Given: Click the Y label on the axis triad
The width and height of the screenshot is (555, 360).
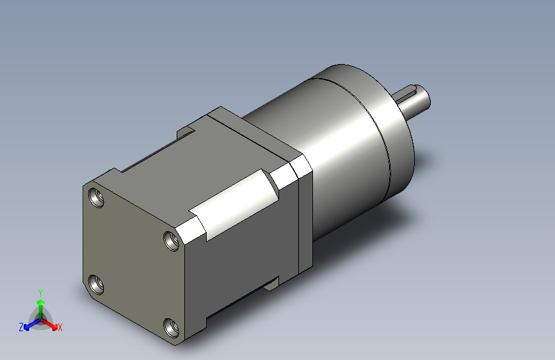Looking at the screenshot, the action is click(40, 293).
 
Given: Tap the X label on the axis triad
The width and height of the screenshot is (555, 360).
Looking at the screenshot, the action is click(60, 327).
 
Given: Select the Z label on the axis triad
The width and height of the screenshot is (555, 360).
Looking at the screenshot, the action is click(21, 327).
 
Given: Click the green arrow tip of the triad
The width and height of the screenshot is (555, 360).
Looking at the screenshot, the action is click(41, 302).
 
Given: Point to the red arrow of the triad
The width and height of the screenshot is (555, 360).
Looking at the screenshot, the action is click(49, 323).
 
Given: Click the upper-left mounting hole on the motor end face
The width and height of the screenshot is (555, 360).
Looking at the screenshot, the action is click(96, 197).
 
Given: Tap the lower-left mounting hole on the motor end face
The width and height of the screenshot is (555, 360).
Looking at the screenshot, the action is click(96, 284).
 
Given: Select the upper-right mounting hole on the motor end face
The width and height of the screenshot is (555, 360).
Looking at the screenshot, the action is click(172, 241).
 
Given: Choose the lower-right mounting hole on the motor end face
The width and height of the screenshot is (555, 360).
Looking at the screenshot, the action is click(172, 328).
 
